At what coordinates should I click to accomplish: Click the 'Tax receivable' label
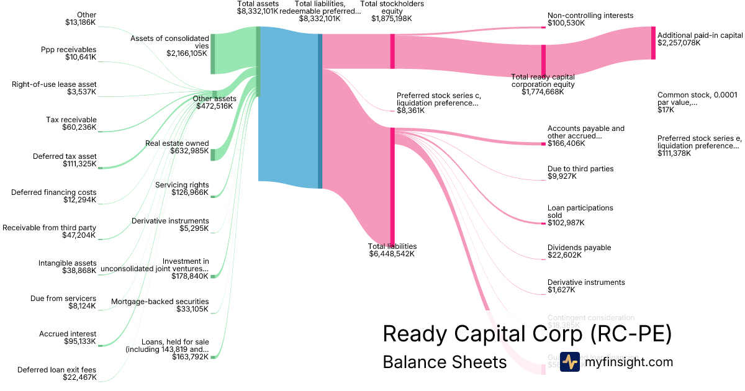(x=71, y=120)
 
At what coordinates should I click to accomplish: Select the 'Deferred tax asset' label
(x=65, y=156)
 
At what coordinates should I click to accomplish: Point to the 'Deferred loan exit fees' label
(x=57, y=370)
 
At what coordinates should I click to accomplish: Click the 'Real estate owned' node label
(x=177, y=143)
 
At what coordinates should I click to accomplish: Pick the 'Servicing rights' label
(x=182, y=184)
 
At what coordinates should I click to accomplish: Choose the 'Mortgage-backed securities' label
(x=160, y=302)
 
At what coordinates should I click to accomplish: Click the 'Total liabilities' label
(x=392, y=246)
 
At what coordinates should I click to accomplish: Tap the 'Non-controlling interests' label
(x=590, y=15)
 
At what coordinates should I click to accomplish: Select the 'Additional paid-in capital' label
(x=700, y=35)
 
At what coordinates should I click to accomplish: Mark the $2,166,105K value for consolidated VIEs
(x=187, y=53)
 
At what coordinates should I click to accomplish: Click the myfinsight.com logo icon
(x=569, y=362)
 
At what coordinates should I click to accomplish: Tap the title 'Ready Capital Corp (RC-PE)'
(x=527, y=334)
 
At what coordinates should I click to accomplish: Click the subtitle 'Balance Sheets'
(x=445, y=362)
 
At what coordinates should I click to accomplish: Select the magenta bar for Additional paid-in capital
(x=653, y=43)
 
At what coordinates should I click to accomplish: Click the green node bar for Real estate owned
(x=212, y=155)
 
